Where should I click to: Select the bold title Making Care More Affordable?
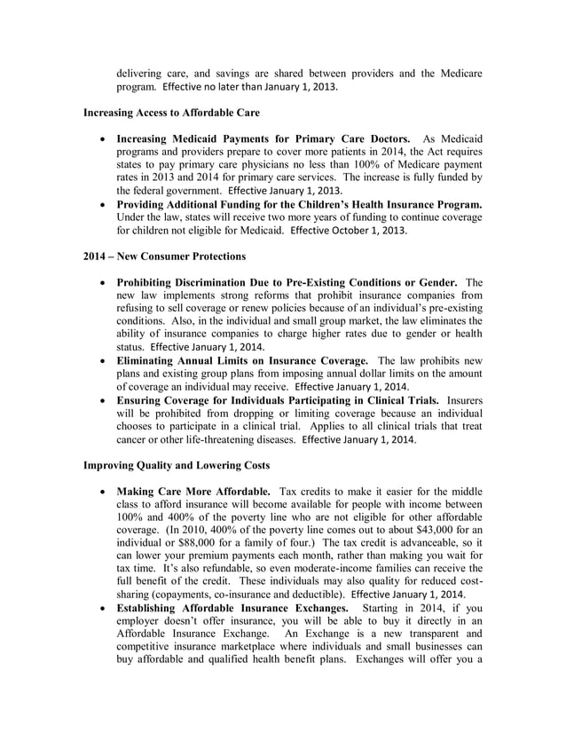click(x=193, y=491)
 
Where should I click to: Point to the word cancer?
click(x=134, y=439)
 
